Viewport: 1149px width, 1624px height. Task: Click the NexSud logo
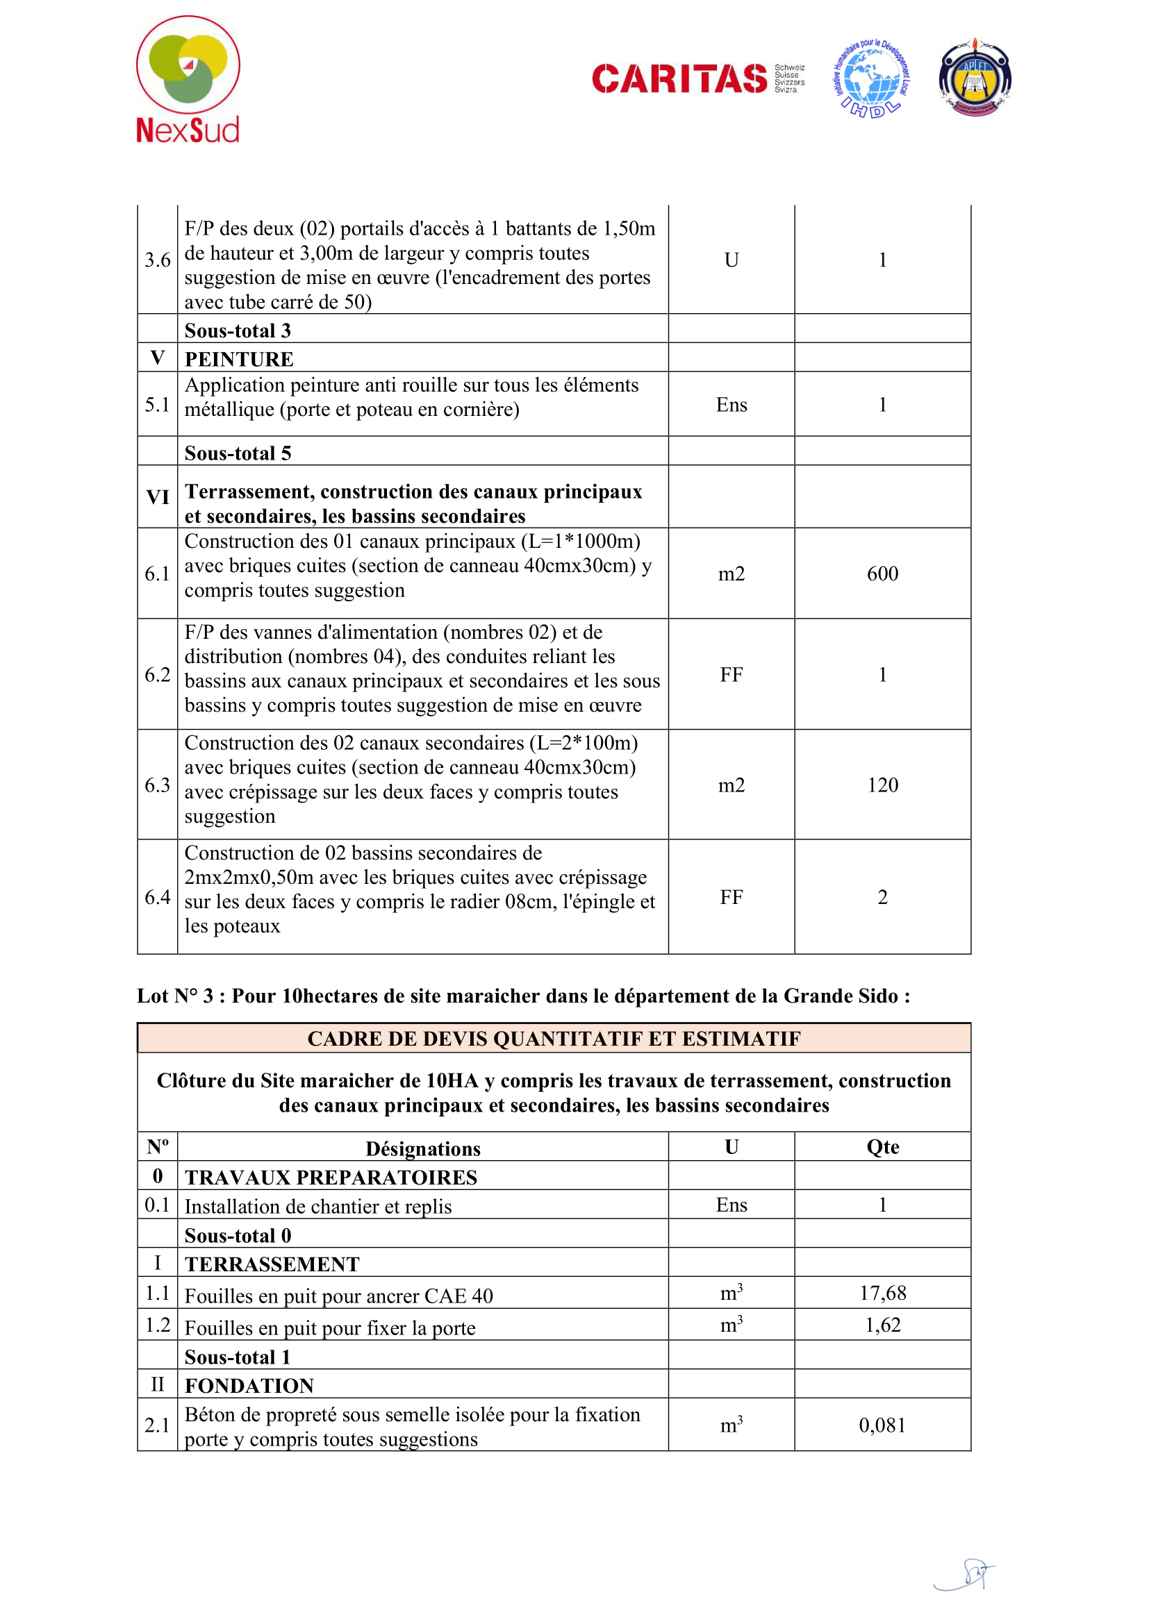point(188,79)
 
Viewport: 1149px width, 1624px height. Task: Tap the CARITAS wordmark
point(679,78)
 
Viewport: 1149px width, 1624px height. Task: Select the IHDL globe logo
point(871,80)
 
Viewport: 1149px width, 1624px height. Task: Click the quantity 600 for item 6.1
point(882,574)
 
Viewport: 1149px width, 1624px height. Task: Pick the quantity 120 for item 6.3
point(882,785)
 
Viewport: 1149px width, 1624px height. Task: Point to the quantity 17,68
point(882,1293)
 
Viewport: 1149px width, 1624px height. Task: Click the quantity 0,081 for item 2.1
point(882,1425)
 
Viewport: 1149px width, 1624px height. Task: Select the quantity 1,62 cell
point(882,1325)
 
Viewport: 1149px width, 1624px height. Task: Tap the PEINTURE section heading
point(239,360)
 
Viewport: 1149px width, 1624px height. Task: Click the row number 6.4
point(157,897)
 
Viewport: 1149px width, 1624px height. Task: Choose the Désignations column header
point(422,1148)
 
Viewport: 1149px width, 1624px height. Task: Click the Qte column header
point(882,1147)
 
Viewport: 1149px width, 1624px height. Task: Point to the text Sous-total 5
point(238,453)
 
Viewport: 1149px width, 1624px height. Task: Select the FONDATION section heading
point(249,1386)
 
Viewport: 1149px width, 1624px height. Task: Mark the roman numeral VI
point(157,497)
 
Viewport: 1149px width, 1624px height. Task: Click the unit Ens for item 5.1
point(731,405)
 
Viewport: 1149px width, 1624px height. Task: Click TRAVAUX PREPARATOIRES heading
point(331,1177)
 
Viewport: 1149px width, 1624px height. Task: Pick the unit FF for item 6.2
point(731,675)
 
